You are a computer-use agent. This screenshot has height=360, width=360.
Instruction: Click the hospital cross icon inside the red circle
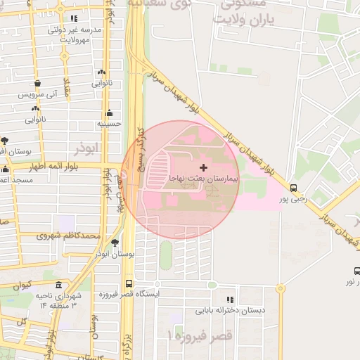click(204, 167)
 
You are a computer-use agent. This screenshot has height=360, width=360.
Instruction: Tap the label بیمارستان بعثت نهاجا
click(204, 179)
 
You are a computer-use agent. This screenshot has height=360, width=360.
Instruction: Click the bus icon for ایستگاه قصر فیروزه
click(128, 283)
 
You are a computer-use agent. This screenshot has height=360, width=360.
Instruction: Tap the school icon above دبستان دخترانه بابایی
click(230, 300)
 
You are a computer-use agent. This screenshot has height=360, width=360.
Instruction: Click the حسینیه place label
click(109, 123)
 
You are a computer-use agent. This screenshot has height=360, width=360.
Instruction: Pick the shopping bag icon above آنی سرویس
click(35, 108)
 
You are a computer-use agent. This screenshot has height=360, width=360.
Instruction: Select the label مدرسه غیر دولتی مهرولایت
click(74, 34)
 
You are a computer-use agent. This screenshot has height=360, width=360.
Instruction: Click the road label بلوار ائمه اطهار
click(56, 167)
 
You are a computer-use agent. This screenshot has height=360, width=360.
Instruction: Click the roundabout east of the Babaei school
click(280, 288)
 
